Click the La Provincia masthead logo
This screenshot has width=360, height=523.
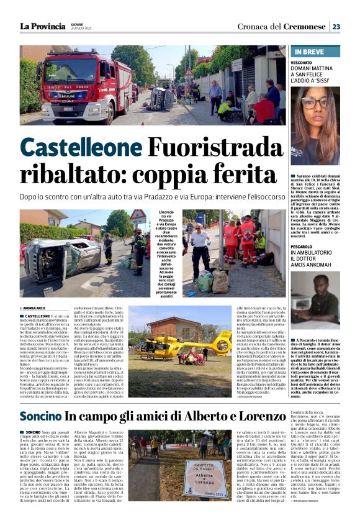(42, 26)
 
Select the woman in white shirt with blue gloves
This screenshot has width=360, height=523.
(200, 248)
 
